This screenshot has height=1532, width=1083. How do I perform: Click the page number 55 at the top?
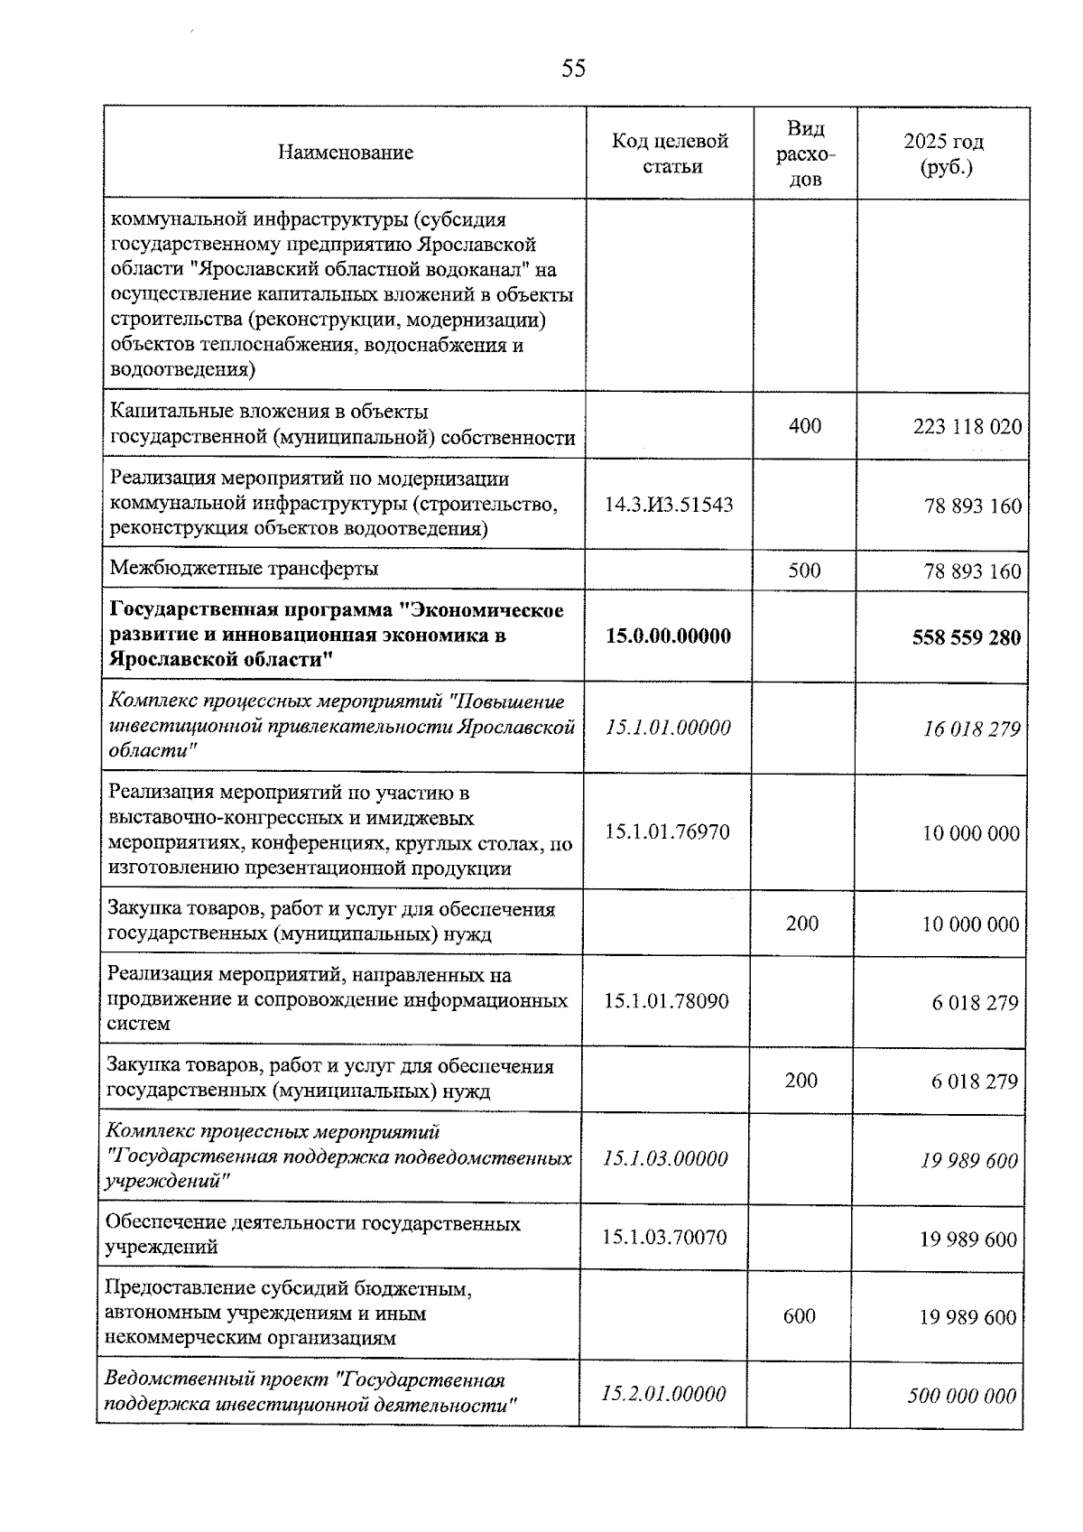573,69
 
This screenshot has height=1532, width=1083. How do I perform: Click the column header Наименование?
345,153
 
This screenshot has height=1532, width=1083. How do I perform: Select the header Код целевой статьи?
670,153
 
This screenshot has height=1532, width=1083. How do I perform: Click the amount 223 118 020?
967,427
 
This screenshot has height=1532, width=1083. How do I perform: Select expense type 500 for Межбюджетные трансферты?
803,571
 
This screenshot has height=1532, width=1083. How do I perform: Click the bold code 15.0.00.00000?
668,636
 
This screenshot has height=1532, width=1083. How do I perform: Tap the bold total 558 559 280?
966,638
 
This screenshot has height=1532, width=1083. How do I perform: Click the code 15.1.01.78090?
666,1001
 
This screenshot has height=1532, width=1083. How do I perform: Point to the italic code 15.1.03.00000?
665,1159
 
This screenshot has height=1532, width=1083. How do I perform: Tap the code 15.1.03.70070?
664,1238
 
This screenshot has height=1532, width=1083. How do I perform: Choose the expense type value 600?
799,1316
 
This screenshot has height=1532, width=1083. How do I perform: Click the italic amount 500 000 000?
961,1397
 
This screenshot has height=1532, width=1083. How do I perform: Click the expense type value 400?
804,426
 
